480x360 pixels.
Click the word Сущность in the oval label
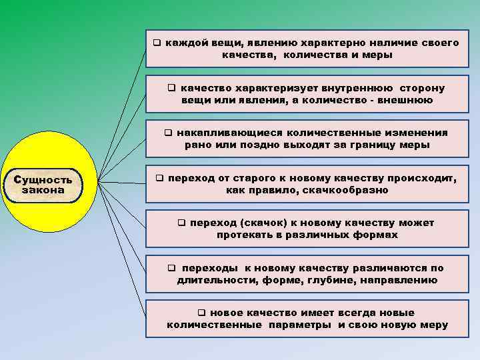43,179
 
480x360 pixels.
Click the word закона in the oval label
43,190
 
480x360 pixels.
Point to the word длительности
214,280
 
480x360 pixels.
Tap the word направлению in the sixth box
399,280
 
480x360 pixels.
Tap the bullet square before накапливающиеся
169,133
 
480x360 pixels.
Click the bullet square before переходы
171,268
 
